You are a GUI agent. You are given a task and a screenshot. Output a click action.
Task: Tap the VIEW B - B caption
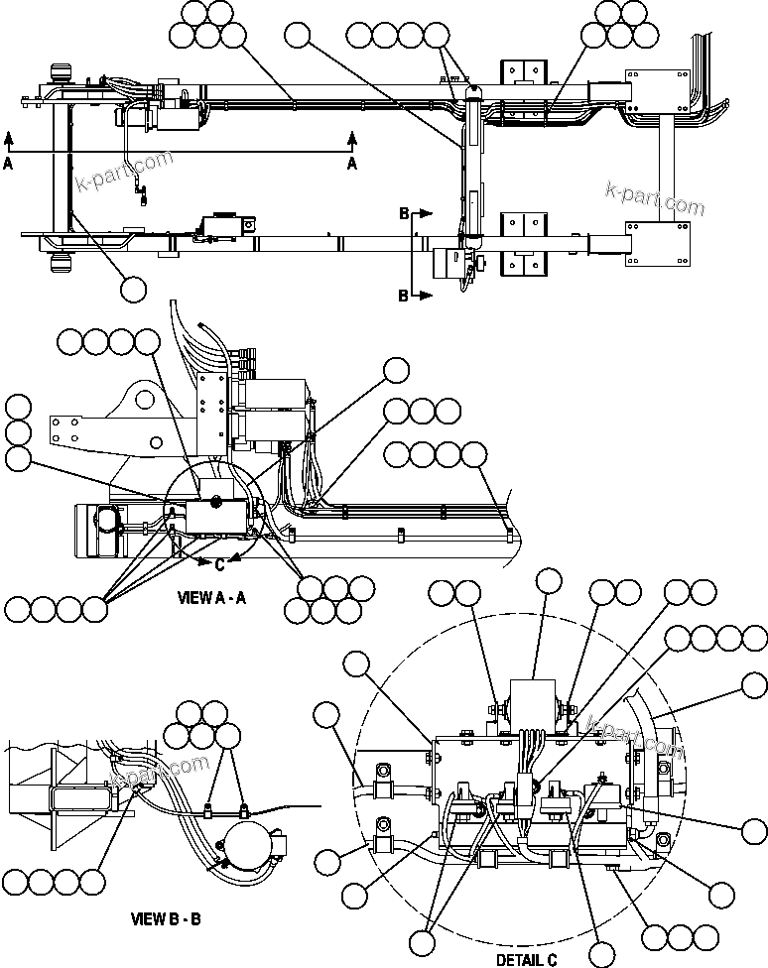167,918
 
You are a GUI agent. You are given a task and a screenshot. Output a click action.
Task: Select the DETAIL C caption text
527,959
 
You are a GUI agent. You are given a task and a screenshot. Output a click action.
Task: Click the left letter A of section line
8,166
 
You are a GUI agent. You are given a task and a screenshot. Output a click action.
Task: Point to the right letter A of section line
352,166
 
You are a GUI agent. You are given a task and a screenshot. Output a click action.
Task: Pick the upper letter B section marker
404,213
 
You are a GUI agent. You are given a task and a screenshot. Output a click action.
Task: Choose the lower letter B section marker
404,295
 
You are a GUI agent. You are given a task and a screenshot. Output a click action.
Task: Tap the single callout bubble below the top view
133,289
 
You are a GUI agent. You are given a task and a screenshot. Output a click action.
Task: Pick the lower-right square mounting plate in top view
657,244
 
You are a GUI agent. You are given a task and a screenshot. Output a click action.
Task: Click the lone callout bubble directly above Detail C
549,581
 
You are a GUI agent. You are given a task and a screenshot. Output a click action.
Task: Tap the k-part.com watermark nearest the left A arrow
124,174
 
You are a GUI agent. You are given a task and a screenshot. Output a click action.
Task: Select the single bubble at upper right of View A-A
396,370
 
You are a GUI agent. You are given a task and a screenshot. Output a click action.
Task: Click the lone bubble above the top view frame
296,37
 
